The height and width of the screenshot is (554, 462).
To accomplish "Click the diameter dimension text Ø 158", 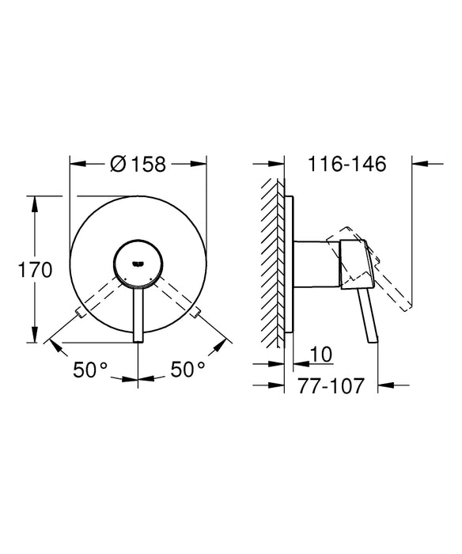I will click(x=138, y=164).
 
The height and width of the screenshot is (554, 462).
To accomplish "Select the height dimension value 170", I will click(x=36, y=270).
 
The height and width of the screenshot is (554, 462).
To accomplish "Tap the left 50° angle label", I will click(x=92, y=369).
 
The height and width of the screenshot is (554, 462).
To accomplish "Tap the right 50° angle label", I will click(x=188, y=369).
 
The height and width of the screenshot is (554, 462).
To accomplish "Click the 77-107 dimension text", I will click(x=331, y=387).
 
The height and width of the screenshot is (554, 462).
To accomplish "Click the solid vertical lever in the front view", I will click(x=139, y=313).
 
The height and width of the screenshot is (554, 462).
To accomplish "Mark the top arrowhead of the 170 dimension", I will click(x=36, y=198).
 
